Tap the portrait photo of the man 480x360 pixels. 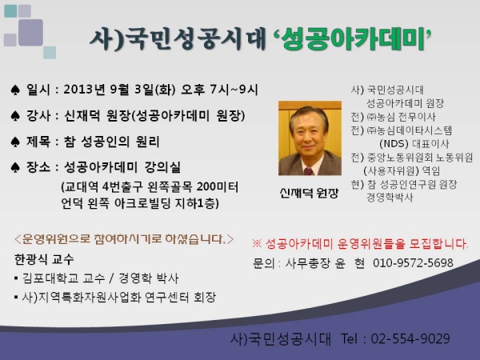[x=310, y=138]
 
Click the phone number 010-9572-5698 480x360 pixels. [x=413, y=263]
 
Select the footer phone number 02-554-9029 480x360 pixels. [x=410, y=338]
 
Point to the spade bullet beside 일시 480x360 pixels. [x=15, y=90]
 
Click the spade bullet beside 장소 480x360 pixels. [x=15, y=167]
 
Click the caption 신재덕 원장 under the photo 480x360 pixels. [x=309, y=193]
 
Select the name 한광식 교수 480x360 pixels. [x=44, y=259]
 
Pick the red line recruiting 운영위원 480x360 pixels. [x=360, y=244]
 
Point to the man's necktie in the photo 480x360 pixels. [x=308, y=171]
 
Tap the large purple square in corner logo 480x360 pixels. [x=30, y=32]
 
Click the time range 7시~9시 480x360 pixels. [x=234, y=90]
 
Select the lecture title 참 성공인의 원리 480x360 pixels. [x=111, y=142]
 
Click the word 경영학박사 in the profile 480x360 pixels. [x=390, y=198]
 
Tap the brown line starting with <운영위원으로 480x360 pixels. [x=124, y=239]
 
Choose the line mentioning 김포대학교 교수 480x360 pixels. [x=96, y=278]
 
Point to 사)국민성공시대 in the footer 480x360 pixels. [x=281, y=339]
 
